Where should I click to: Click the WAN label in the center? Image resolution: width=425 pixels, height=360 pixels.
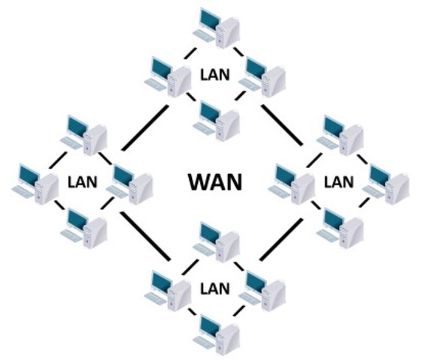click(x=214, y=181)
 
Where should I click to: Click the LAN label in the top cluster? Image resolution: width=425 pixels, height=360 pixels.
click(x=215, y=75)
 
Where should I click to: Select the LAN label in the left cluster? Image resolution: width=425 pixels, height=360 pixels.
click(x=82, y=181)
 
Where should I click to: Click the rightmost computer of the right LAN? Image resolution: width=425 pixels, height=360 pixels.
click(x=389, y=181)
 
